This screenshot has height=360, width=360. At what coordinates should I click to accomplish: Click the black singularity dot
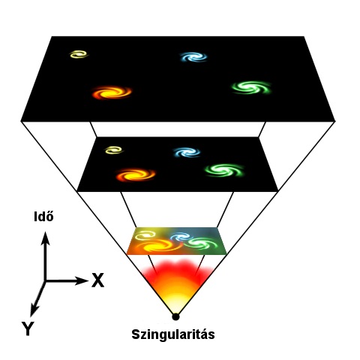[x=175, y=316]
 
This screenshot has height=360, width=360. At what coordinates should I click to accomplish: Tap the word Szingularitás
[x=173, y=334]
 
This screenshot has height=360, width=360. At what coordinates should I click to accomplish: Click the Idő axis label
[x=43, y=217]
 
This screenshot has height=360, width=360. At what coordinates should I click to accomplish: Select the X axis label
[x=97, y=280]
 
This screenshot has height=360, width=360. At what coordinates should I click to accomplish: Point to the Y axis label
[x=28, y=328]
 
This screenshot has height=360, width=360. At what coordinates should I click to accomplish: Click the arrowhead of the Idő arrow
[x=45, y=238]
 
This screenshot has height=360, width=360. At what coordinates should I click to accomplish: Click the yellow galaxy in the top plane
[x=79, y=54]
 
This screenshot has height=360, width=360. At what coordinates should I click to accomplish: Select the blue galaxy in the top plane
[x=193, y=57]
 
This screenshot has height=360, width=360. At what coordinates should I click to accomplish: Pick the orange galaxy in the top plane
[x=112, y=92]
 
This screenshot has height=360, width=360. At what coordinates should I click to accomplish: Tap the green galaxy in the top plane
[x=251, y=88]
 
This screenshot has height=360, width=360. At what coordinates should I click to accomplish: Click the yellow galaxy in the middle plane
[x=114, y=150]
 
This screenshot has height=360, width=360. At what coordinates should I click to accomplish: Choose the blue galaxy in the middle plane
[x=187, y=152]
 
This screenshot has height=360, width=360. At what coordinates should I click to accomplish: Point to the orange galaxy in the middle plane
[x=136, y=175]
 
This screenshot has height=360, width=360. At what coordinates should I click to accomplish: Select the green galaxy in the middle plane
[x=224, y=170]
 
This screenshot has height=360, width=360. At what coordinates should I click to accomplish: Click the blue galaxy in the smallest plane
[x=181, y=237]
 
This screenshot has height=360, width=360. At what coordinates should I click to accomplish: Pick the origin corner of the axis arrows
[x=45, y=281]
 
